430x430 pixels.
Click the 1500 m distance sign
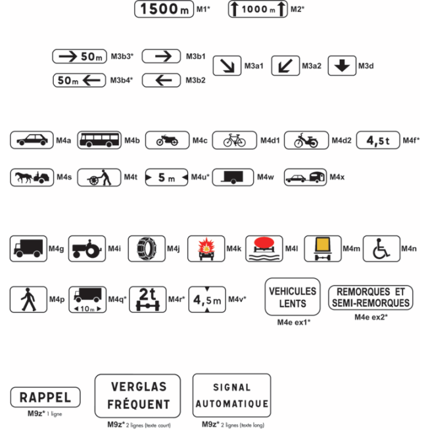[x=164, y=9]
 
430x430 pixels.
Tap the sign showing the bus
[x=99, y=140]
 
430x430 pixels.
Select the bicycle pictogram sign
[x=235, y=140]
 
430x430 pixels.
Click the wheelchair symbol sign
[x=382, y=248]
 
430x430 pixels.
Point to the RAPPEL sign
[x=45, y=397]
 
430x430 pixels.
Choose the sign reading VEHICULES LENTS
[x=293, y=297]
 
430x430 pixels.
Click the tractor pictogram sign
[x=87, y=248]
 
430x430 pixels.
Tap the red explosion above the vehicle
[x=206, y=245]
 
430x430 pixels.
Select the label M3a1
[x=254, y=66]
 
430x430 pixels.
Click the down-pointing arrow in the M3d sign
[x=342, y=66]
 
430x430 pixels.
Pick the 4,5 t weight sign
[x=378, y=140]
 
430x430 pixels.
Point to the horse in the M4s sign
[x=23, y=177]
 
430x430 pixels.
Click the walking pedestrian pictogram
[x=28, y=299]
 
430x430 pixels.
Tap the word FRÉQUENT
[x=138, y=404]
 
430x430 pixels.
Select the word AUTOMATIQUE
[x=232, y=404]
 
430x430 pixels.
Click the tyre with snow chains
[x=147, y=248]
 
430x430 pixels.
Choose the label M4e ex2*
[x=371, y=317]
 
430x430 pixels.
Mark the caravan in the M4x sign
[x=317, y=177]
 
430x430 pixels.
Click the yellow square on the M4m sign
[x=322, y=244]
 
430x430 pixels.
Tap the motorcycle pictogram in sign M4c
[x=167, y=140]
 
